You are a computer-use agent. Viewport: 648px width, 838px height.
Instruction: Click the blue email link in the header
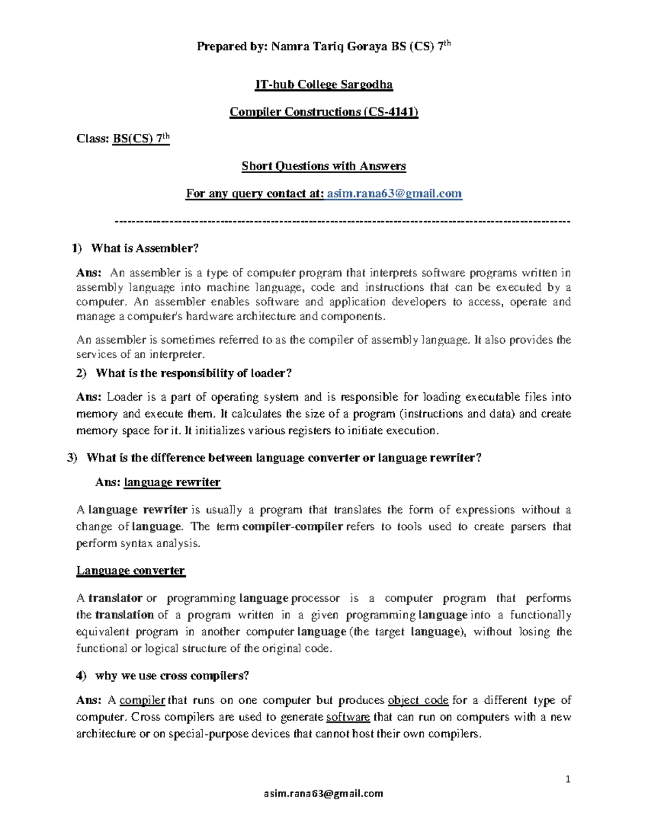394,194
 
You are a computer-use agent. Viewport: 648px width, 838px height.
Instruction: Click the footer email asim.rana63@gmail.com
323,793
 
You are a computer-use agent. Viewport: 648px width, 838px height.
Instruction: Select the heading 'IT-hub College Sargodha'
323,85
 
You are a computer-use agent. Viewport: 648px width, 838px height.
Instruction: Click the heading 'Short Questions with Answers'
323,166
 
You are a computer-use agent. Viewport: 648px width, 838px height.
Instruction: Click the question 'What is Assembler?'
145,248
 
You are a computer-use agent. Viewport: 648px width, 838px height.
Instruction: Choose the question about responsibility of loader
193,373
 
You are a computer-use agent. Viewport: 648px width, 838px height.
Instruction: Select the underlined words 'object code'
418,700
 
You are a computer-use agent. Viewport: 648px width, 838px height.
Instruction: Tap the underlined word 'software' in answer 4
348,717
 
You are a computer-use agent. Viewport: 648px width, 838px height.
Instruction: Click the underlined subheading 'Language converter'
130,571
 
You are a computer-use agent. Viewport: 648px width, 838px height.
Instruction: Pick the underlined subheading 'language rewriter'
172,482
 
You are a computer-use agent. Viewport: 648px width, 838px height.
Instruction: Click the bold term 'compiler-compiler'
293,527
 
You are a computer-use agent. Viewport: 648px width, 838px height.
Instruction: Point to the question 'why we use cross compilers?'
172,676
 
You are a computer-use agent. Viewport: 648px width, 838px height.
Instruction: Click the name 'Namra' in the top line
290,47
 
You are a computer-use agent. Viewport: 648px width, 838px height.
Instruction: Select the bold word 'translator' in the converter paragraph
115,598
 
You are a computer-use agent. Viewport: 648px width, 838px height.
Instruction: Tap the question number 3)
72,458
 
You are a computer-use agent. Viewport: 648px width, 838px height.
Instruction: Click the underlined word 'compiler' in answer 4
142,700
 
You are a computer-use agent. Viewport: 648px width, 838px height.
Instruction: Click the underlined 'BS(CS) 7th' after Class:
141,139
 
